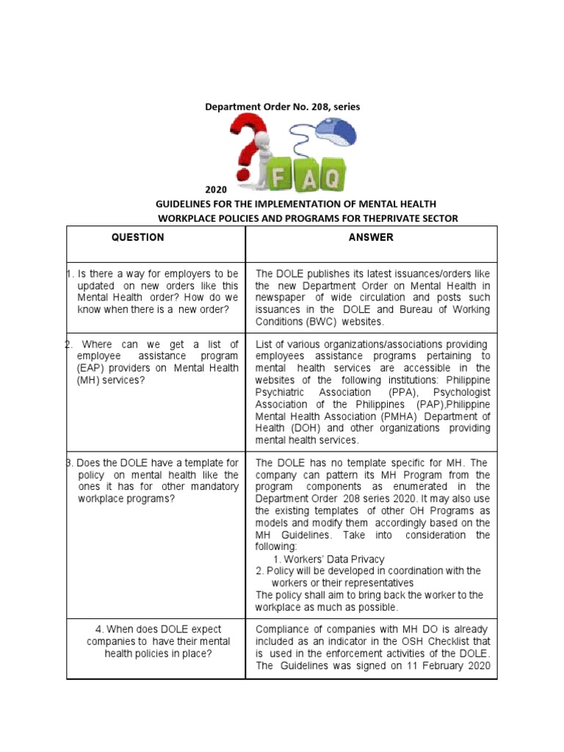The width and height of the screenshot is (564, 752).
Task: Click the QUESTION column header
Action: tap(137, 237)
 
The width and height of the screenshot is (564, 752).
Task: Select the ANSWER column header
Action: tap(371, 237)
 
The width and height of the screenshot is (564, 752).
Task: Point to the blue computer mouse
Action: tap(336, 134)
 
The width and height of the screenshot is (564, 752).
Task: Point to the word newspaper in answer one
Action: tap(279, 298)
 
